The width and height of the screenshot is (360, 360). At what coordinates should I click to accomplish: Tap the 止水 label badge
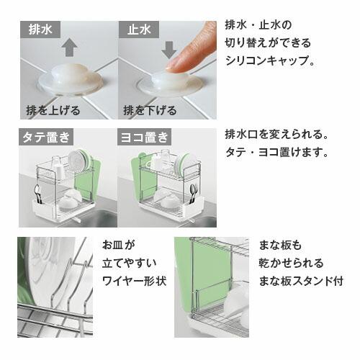click(139, 32)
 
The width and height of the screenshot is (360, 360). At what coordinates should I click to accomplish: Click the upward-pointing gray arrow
click(69, 48)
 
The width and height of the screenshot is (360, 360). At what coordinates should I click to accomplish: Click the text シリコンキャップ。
click(270, 62)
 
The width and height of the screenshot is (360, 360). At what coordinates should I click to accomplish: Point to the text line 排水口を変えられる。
click(277, 135)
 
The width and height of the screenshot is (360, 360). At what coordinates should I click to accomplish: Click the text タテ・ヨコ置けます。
click(277, 153)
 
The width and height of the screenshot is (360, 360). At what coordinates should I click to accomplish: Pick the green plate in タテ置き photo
click(81, 160)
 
